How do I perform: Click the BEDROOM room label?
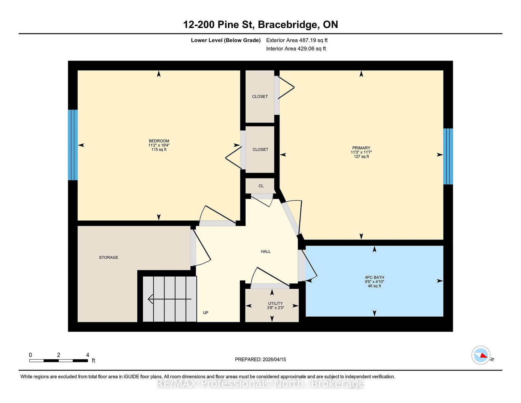pyautogui.click(x=159, y=141)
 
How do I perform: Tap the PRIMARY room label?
pyautogui.click(x=361, y=148)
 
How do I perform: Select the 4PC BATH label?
pyautogui.click(x=374, y=277)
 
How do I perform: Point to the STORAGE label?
pyautogui.click(x=108, y=257)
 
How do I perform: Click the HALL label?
pyautogui.click(x=266, y=252)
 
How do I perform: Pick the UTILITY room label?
pyautogui.click(x=275, y=303)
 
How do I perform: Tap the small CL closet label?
pyautogui.click(x=261, y=186)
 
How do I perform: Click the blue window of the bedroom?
pyautogui.click(x=73, y=145)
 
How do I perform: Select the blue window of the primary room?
pyautogui.click(x=448, y=156)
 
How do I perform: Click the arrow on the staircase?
pyautogui.click(x=170, y=299)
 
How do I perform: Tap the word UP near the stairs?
pyautogui.click(x=205, y=312)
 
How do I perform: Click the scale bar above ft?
pyautogui.click(x=59, y=361)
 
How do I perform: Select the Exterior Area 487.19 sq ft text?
pyautogui.click(x=297, y=40)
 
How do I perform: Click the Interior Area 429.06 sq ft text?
pyautogui.click(x=296, y=49)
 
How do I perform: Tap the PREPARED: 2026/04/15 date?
pyautogui.click(x=260, y=359)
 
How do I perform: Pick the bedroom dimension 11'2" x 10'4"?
pyautogui.click(x=159, y=145)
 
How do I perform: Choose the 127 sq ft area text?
pyautogui.click(x=361, y=156)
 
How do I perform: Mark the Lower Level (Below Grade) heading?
pyautogui.click(x=226, y=40)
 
